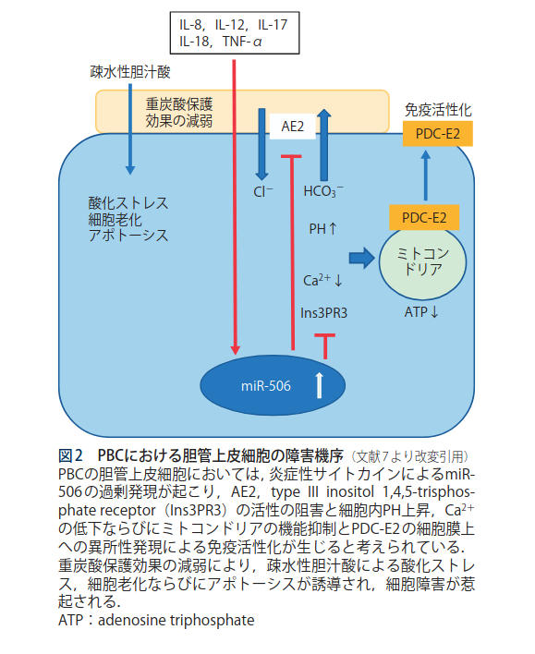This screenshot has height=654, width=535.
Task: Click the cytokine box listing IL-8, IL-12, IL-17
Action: coord(235,33)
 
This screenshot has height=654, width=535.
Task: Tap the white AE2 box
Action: coord(293,127)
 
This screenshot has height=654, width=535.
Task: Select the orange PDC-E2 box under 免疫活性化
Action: coord(437,133)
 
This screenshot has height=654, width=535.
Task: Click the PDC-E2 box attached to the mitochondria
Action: coord(424,217)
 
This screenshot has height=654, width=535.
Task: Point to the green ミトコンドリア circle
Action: coord(422,262)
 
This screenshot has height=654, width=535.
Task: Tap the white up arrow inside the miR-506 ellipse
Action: coord(320,385)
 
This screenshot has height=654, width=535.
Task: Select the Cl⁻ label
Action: coord(263,191)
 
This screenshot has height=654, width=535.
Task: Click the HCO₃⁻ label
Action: coord(323,191)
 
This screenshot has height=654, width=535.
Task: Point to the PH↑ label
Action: coord(322,228)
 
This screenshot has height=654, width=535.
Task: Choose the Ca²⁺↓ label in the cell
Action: coord(322,280)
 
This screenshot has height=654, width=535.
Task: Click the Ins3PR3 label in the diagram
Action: coord(323,312)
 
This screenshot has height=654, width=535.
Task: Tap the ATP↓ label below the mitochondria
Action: coord(421,311)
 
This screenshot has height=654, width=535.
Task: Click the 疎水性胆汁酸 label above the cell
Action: coord(130,72)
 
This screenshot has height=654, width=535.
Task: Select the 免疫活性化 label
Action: coord(438,110)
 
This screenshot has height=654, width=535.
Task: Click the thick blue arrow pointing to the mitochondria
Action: coord(361,258)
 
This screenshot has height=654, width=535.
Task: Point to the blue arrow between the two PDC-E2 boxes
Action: coord(425,176)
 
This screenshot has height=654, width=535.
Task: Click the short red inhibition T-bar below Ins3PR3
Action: coord(325,345)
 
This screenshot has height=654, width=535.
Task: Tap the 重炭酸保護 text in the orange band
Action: coord(179,103)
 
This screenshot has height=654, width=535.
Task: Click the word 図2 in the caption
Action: coord(70,455)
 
